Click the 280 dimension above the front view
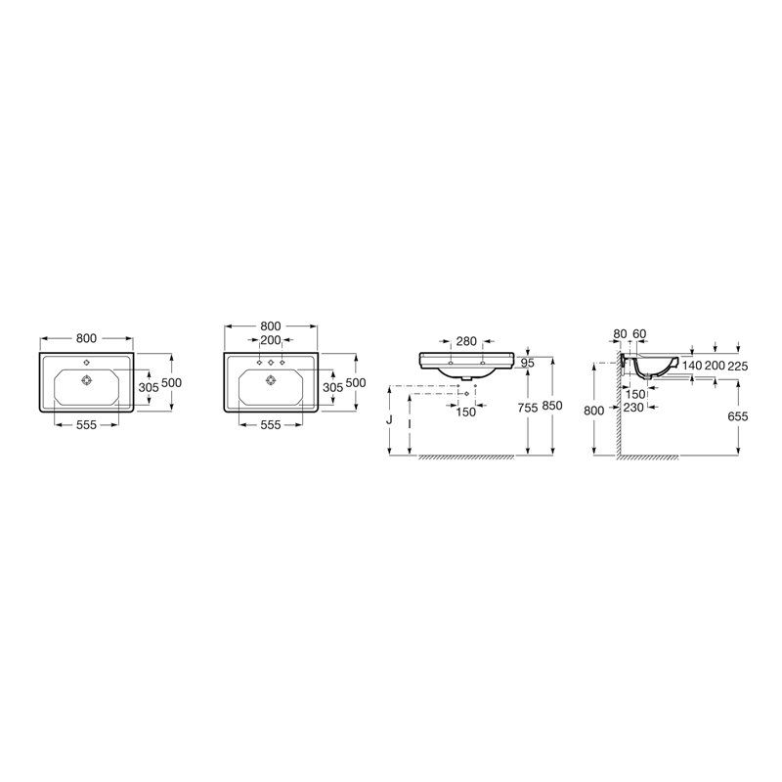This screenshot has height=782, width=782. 466,341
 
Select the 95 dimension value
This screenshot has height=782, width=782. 527,363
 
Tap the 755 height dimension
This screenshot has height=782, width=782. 527,408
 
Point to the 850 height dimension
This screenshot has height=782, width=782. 552,406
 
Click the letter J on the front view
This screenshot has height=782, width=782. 389,420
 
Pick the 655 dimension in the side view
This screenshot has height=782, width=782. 738,416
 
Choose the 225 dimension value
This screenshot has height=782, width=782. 738,366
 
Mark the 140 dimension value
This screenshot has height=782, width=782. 692,366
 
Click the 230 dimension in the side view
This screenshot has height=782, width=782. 633,408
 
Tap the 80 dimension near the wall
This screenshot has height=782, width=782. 620,334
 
